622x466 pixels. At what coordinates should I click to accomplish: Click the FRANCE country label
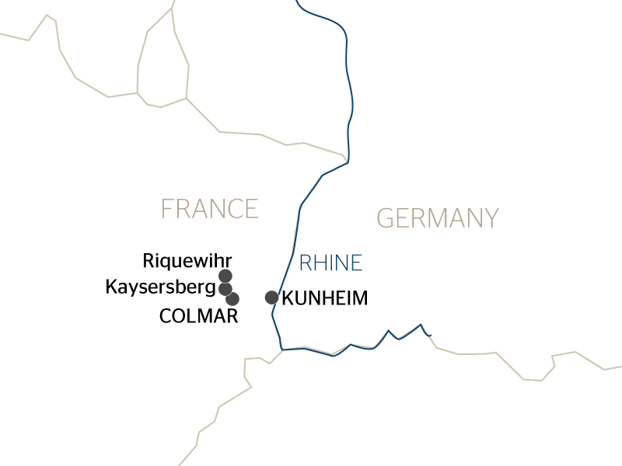[209, 209]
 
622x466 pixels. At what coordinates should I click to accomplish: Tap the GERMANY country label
[437, 218]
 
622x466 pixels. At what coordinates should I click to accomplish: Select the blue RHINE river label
[330, 263]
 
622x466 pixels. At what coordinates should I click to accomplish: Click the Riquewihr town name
[187, 260]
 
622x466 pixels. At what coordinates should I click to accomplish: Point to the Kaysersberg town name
[159, 288]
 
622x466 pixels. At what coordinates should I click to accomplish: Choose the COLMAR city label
[198, 316]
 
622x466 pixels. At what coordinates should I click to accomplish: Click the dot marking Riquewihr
[225, 276]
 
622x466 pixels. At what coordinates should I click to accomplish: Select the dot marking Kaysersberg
[225, 289]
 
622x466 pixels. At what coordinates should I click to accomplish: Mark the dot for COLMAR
[232, 298]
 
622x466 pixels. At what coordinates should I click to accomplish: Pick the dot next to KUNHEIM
[271, 297]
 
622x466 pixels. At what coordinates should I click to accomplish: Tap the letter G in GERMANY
[386, 218]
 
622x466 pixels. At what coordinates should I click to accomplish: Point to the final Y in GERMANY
[490, 218]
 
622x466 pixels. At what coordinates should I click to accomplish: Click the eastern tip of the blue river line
[431, 336]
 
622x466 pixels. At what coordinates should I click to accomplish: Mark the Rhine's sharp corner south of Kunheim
[281, 349]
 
